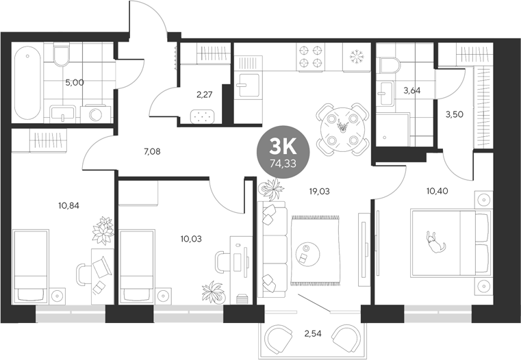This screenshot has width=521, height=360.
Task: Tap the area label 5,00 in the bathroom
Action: tap(75, 82)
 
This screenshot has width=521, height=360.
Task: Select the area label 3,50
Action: tap(455, 114)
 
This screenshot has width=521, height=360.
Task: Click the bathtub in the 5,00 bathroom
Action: tap(27, 82)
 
